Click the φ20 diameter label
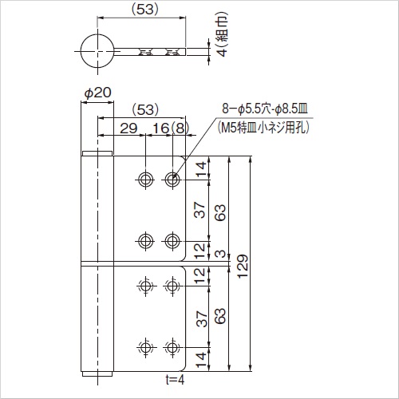(97, 93)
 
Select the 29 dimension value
(128, 128)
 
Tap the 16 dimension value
(159, 128)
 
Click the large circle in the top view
(98, 51)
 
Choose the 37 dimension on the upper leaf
(200, 210)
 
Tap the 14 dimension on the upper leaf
(200, 167)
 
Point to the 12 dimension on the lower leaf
(200, 275)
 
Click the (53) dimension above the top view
(142, 10)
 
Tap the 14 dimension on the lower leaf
(200, 358)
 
